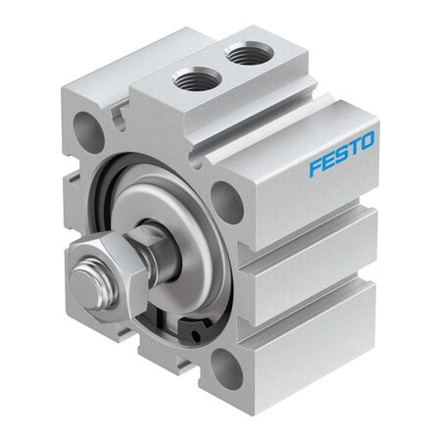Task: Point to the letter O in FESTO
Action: point(366,141)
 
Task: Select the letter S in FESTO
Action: point(340,155)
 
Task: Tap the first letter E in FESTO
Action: point(327,162)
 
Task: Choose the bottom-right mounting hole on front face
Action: point(225,369)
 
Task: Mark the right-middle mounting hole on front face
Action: point(225,201)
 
